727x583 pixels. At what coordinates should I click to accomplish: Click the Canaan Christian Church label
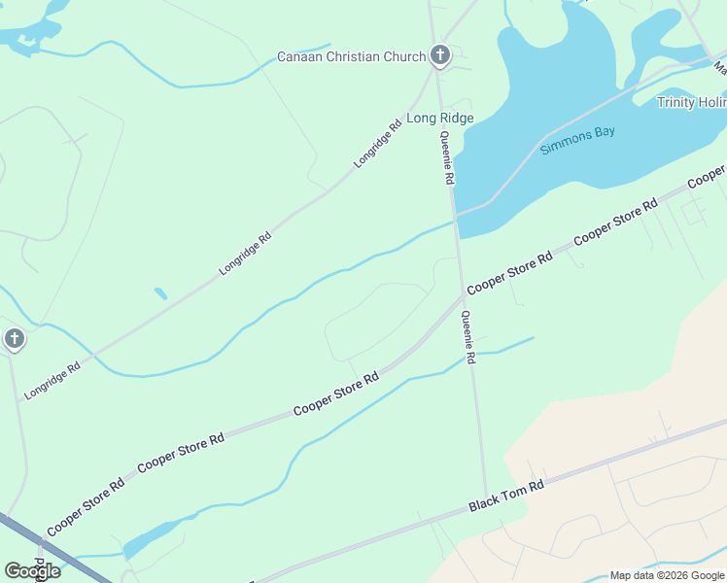click(x=352, y=56)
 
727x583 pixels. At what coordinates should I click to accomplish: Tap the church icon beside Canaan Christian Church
click(x=440, y=55)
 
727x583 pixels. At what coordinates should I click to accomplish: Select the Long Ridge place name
click(x=439, y=119)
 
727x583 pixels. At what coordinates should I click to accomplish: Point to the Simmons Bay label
click(x=577, y=141)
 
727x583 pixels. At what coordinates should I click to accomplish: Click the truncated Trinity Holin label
click(x=691, y=102)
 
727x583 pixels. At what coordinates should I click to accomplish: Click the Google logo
click(x=32, y=570)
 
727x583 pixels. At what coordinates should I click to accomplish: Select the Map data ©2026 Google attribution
click(x=667, y=575)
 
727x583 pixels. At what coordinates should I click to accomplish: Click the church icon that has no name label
click(x=14, y=339)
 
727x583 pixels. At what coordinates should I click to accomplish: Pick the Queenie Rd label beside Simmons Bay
click(x=447, y=159)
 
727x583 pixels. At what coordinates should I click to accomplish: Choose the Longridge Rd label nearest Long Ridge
click(x=378, y=144)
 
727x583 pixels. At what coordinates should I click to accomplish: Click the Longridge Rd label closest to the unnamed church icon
click(x=52, y=381)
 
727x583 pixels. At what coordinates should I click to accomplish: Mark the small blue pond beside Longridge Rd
click(x=160, y=292)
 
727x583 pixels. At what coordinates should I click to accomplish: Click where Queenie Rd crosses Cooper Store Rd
click(x=462, y=294)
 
